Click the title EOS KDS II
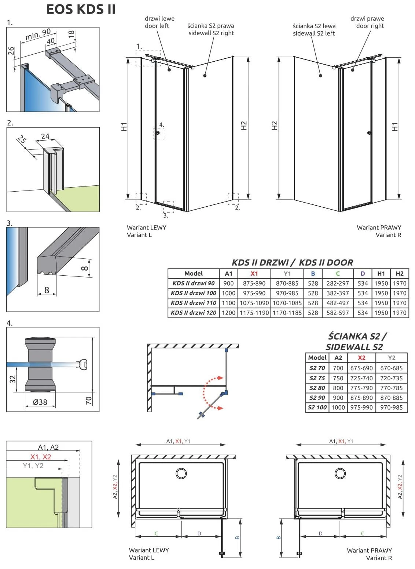(81, 9)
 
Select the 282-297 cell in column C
(337, 283)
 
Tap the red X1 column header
(254, 273)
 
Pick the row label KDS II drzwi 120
(194, 313)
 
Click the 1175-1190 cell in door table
(254, 313)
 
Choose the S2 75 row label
(317, 378)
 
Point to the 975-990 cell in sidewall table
(361, 407)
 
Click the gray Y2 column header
(392, 358)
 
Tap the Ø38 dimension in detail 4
(40, 402)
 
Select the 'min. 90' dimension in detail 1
(38, 35)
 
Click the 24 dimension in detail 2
(45, 136)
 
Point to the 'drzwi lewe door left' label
(159, 22)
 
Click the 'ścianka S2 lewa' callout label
(314, 26)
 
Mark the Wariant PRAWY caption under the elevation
(379, 228)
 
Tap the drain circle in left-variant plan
(181, 473)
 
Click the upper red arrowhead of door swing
(220, 378)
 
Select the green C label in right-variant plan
(362, 533)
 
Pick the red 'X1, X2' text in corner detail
(41, 457)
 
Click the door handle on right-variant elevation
(369, 133)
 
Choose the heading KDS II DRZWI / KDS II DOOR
(292, 262)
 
